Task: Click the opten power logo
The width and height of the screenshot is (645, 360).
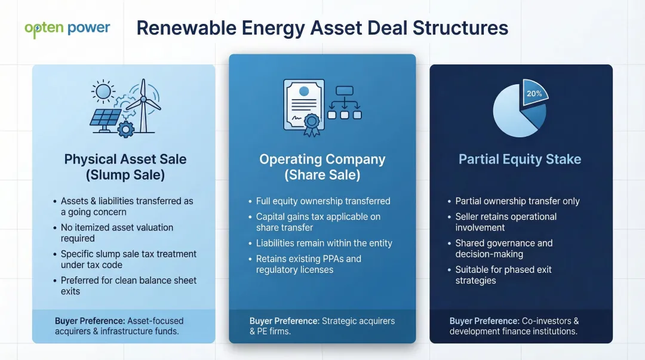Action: [x=67, y=29]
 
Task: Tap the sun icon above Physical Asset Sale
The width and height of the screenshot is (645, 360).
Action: [x=104, y=91]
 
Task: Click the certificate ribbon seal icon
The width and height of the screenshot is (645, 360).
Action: [x=312, y=124]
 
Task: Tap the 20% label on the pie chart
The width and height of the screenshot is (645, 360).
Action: [x=534, y=94]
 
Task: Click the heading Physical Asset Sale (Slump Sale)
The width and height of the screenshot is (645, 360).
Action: [x=125, y=167]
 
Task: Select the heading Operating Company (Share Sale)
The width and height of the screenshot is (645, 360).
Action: [x=322, y=167]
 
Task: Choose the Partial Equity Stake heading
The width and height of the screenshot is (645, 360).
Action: [x=520, y=159]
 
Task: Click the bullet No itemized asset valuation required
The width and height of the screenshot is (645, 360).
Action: [x=117, y=233]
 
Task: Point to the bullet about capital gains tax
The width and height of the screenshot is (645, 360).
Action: [x=318, y=222]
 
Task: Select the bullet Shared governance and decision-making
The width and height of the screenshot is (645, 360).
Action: [x=503, y=248]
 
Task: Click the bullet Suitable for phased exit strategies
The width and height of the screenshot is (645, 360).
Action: [x=503, y=275]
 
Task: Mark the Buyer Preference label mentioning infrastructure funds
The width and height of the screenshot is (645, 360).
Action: [x=119, y=326]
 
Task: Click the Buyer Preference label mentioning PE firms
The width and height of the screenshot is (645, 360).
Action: [x=322, y=326]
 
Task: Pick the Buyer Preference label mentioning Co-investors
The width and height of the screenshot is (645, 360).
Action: [x=514, y=326]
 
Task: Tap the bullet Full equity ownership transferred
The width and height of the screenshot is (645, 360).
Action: [x=322, y=201]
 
